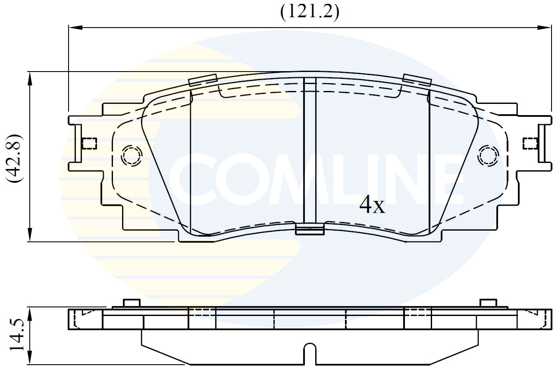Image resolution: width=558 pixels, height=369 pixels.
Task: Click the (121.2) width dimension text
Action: coord(310,12)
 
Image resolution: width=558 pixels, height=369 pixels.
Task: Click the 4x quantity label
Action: coord(372,206)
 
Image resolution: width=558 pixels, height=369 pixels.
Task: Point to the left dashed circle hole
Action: coord(132,156)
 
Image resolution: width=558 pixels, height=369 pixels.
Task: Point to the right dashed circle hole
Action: coord(487,156)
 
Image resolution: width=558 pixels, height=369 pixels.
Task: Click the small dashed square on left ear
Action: coord(89,143)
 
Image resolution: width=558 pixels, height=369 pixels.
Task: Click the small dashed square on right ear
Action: coord(530,143)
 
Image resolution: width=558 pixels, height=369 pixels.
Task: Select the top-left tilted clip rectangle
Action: coord(203,80)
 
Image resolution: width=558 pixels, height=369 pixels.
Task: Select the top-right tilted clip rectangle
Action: coord(417,80)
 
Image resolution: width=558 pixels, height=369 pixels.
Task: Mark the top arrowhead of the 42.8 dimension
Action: coord(30,78)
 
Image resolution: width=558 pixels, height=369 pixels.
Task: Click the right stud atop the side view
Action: coord(488,303)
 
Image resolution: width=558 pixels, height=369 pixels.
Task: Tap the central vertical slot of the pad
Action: coord(310,151)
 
